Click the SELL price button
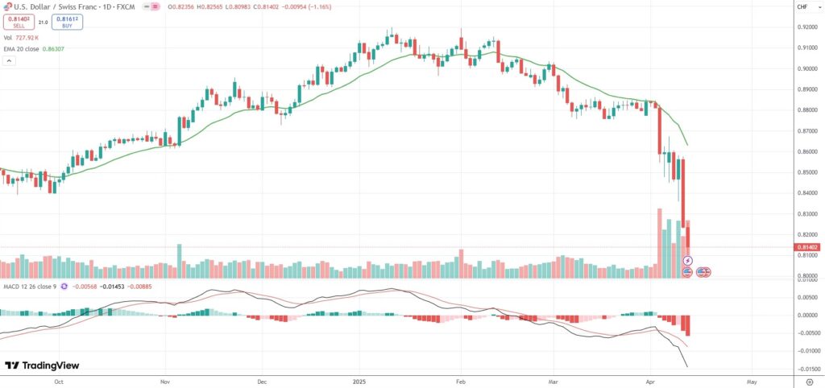click(x=18, y=21)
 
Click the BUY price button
click(x=66, y=21)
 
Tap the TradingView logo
click(x=37, y=365)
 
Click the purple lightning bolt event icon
click(x=688, y=260)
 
